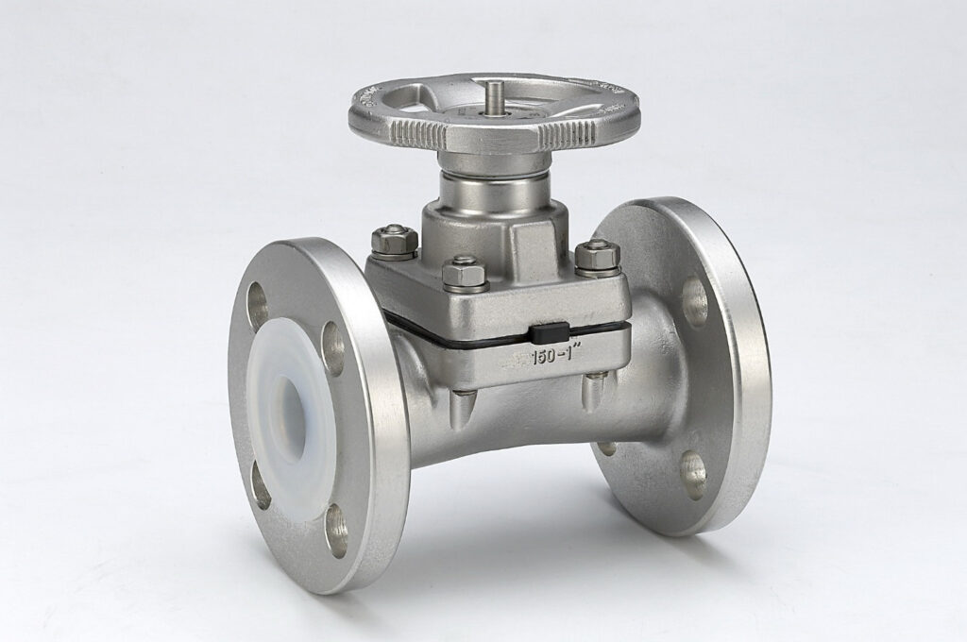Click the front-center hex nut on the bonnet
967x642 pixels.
tap(464, 274)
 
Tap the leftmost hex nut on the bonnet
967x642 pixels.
tap(393, 241)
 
